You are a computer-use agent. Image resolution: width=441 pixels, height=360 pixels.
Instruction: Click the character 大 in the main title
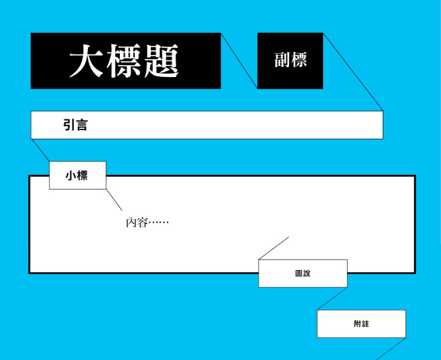pos(86,61)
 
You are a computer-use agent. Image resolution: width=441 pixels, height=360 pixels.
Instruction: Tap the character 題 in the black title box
pos(162,61)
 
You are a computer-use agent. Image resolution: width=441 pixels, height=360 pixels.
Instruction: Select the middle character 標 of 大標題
pos(123,61)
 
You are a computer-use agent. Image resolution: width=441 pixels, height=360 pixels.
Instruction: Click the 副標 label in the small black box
pos(290,60)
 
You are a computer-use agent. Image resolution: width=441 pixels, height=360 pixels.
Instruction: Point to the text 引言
pos(75,125)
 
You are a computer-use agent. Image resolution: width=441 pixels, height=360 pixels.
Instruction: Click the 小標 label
pos(76,176)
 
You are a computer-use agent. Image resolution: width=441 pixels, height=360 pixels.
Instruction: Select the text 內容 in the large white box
pos(137,223)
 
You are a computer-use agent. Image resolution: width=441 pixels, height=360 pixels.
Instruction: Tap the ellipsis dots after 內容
pos(159,223)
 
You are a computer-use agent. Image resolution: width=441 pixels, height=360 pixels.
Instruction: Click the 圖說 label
pos(303,274)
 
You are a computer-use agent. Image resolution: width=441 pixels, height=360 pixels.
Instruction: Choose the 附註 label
pos(361,324)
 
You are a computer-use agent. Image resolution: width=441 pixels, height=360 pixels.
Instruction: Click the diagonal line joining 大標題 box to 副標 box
pos(239,61)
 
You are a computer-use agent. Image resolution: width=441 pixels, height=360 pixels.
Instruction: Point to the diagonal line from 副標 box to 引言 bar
pos(353,72)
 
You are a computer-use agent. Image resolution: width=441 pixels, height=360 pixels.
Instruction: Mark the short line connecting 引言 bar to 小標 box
pos(40,150)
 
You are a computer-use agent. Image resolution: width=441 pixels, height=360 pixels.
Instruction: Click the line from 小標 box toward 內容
pos(114,200)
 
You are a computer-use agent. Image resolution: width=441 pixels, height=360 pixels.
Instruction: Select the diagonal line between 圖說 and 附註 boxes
pos(332,299)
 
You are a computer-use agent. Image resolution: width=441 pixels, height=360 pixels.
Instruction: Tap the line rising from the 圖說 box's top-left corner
pos(273,248)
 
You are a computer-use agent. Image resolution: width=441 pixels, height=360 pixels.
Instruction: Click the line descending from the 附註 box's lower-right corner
pos(391,349)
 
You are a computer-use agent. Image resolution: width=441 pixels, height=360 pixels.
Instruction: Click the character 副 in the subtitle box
pos(282,60)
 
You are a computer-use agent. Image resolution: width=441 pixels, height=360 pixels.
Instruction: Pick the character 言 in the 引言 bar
pos(82,125)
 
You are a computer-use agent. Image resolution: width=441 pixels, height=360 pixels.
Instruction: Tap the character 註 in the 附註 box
pos(365,324)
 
